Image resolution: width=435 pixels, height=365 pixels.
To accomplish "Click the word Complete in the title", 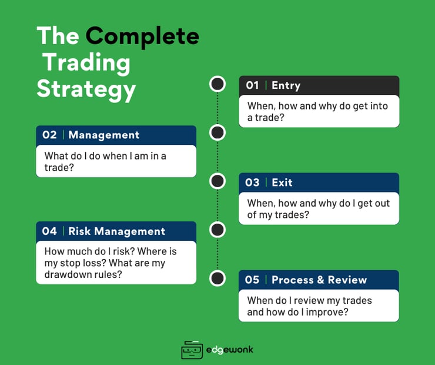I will tap(142, 36).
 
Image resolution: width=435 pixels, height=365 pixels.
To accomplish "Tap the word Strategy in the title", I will tap(86, 89).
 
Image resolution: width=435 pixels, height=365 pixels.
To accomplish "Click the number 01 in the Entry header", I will tap(252, 85).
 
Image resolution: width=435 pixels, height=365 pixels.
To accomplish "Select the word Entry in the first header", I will tap(286, 85).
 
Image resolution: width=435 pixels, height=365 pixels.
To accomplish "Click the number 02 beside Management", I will tap(49, 135).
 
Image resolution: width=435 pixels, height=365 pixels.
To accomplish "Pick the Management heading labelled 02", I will tap(103, 135).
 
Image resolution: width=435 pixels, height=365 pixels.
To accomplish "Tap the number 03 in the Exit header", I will tap(252, 182).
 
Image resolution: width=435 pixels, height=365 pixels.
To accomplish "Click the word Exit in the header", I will tap(282, 182).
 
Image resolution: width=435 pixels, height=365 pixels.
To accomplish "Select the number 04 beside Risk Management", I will tap(49, 231).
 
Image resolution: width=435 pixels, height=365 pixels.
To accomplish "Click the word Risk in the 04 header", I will tap(79, 231).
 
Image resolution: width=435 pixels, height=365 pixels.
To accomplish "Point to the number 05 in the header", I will tap(252, 280).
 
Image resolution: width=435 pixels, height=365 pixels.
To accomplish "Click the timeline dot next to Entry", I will tap(217, 84).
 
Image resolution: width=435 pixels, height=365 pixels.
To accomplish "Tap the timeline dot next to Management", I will tap(217, 132).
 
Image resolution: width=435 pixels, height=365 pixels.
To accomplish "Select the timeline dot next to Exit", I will tap(217, 181).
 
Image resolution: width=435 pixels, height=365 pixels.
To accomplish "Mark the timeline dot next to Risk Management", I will tap(217, 230).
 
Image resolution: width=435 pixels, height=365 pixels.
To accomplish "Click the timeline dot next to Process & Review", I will tap(217, 278).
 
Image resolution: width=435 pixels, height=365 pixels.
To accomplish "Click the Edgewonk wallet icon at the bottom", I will tap(192, 350).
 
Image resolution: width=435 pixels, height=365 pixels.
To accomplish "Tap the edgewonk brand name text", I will tap(230, 350).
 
